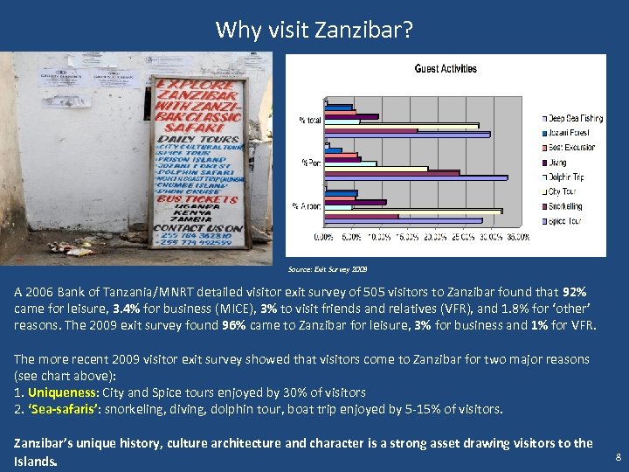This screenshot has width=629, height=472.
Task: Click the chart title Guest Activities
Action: tap(446, 68)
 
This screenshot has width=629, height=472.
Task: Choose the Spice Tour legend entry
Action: tap(565, 221)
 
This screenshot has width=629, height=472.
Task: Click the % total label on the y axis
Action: tap(310, 119)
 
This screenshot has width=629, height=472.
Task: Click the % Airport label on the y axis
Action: tap(309, 205)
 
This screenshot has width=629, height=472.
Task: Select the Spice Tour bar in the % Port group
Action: tap(416, 177)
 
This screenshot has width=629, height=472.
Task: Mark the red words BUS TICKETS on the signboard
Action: tap(196, 198)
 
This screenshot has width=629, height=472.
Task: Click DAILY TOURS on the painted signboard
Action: tap(197, 138)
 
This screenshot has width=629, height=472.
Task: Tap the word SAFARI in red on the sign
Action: tap(197, 123)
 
